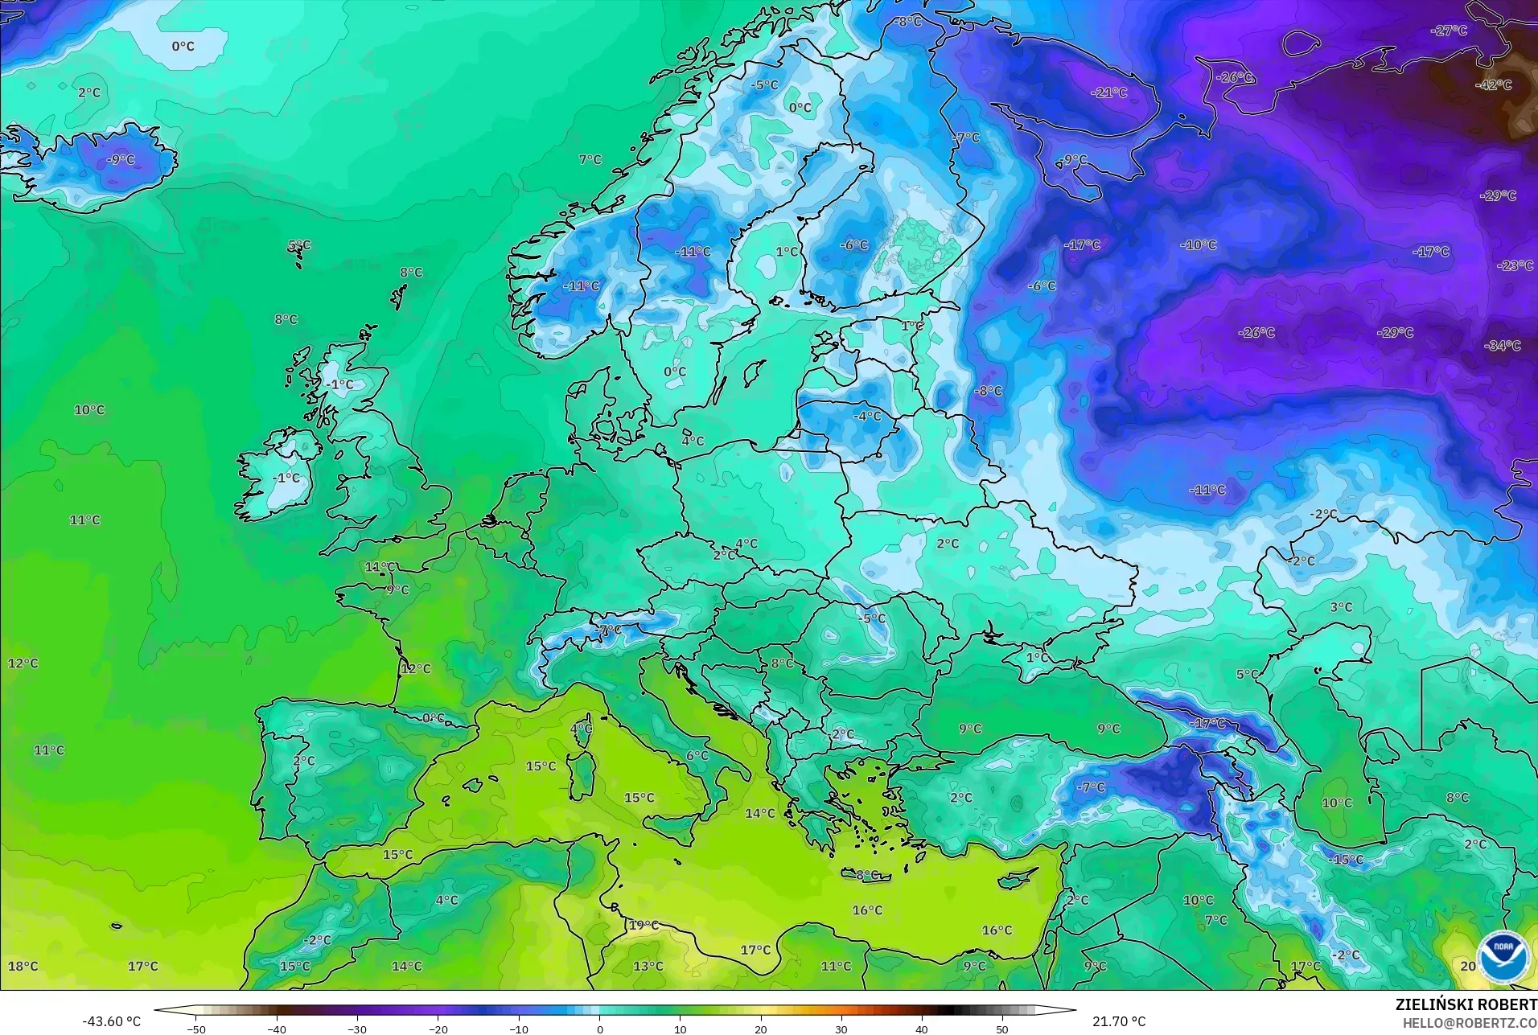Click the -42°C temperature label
(x=1494, y=84)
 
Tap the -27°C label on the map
(x=1449, y=31)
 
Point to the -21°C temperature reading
(x=1108, y=92)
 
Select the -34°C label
(x=1503, y=346)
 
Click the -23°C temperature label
(x=1515, y=265)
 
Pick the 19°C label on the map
(x=644, y=925)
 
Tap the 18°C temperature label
(x=23, y=966)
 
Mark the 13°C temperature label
(x=648, y=966)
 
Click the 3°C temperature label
(x=1341, y=607)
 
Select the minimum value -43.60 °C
(x=111, y=1021)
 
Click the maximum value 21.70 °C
(x=1119, y=1021)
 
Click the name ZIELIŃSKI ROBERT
(x=1466, y=1005)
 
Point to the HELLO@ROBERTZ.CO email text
(x=1470, y=1023)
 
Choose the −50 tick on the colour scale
(x=195, y=1029)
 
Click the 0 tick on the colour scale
(x=599, y=1029)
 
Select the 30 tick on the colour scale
(x=841, y=1029)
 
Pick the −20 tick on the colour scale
(x=438, y=1029)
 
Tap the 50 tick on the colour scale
(x=1002, y=1029)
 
